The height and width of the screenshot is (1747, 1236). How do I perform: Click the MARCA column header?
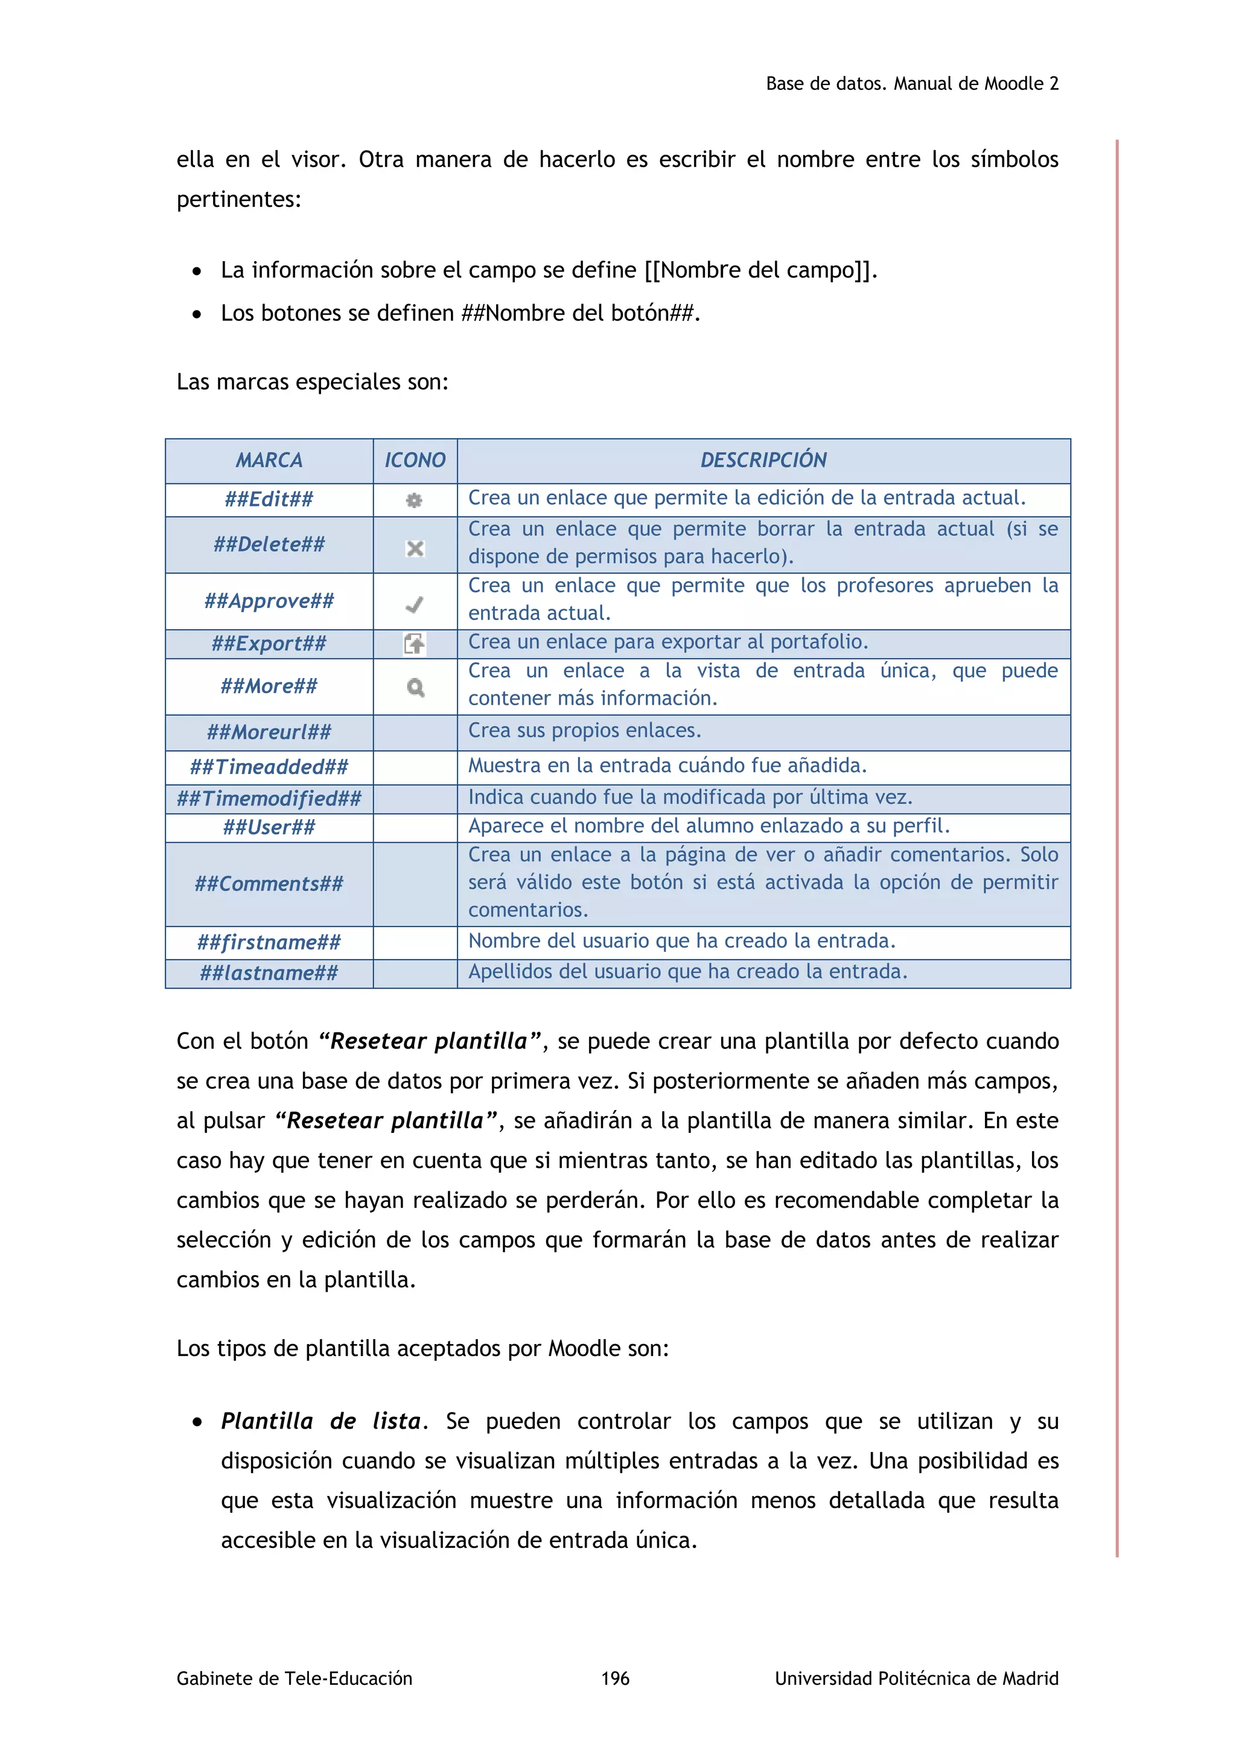coord(269,460)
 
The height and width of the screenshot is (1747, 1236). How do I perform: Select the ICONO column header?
coord(415,460)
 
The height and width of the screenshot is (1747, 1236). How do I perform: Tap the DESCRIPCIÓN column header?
coord(763,460)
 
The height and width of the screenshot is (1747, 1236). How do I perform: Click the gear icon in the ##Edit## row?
coord(414,500)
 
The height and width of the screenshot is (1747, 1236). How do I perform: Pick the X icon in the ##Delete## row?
coord(415,548)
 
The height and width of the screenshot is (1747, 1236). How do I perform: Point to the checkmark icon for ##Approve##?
coord(415,605)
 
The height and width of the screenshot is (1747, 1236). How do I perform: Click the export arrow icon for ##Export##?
coord(415,644)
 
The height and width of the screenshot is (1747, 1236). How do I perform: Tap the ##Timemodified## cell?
coord(269,798)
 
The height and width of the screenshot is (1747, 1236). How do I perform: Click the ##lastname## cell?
coord(269,972)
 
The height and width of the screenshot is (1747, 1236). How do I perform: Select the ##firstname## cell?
coord(269,942)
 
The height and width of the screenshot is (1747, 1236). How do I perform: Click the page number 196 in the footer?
coord(615,1678)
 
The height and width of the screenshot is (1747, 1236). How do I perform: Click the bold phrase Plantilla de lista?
coord(320,1421)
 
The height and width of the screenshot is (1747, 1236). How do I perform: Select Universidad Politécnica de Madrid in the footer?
coord(916,1678)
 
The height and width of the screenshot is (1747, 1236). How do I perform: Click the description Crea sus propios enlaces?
coord(584,731)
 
